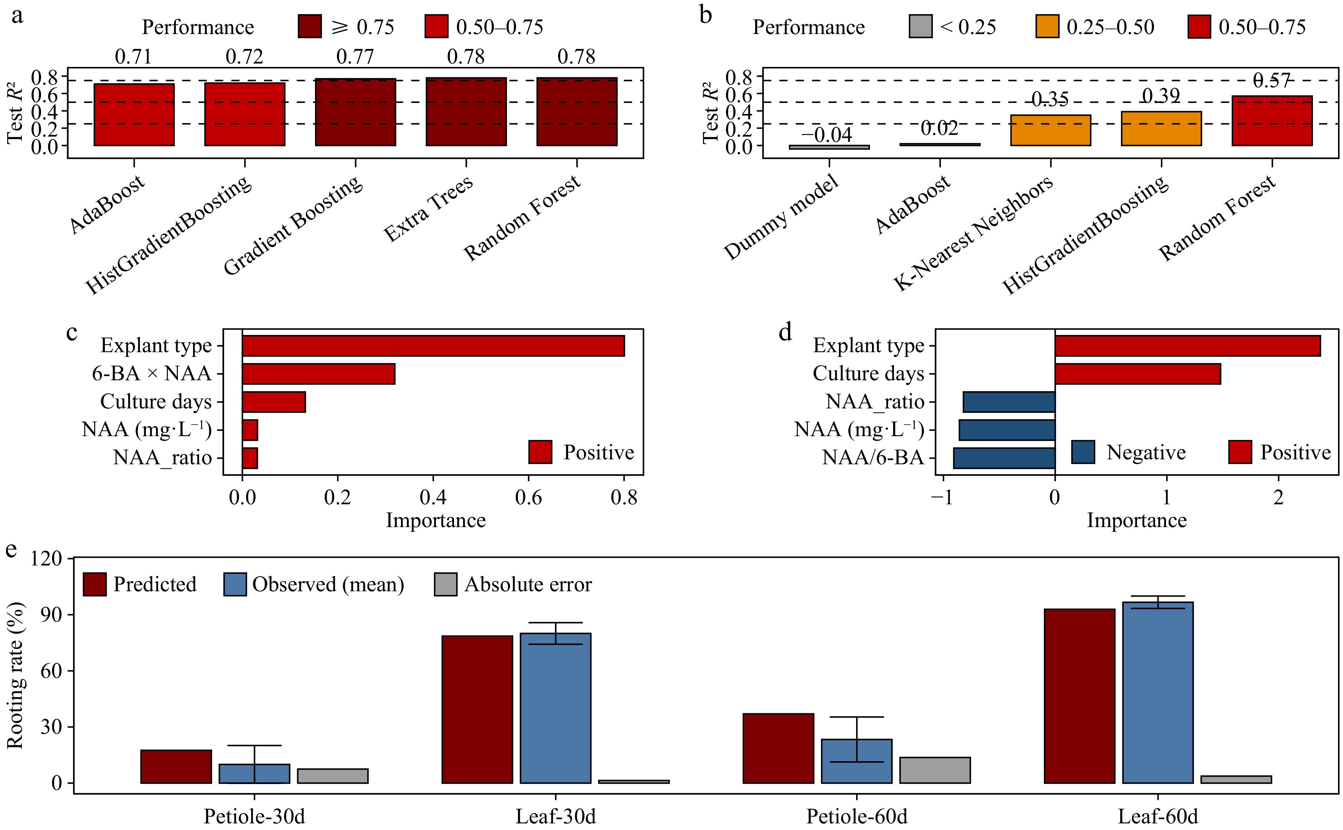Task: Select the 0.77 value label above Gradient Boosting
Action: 355,57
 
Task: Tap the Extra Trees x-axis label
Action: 428,209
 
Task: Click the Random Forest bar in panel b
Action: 1272,121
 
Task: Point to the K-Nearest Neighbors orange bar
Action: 1050,131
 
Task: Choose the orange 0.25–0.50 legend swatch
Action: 1047,27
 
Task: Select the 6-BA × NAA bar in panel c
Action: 318,374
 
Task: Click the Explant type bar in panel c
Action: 433,346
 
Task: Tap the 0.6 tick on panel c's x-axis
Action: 528,497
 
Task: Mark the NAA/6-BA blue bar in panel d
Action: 1004,458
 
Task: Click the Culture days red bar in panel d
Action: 1137,374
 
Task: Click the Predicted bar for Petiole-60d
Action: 778,748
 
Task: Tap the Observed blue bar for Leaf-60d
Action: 1158,693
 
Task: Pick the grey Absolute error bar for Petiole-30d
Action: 333,776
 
